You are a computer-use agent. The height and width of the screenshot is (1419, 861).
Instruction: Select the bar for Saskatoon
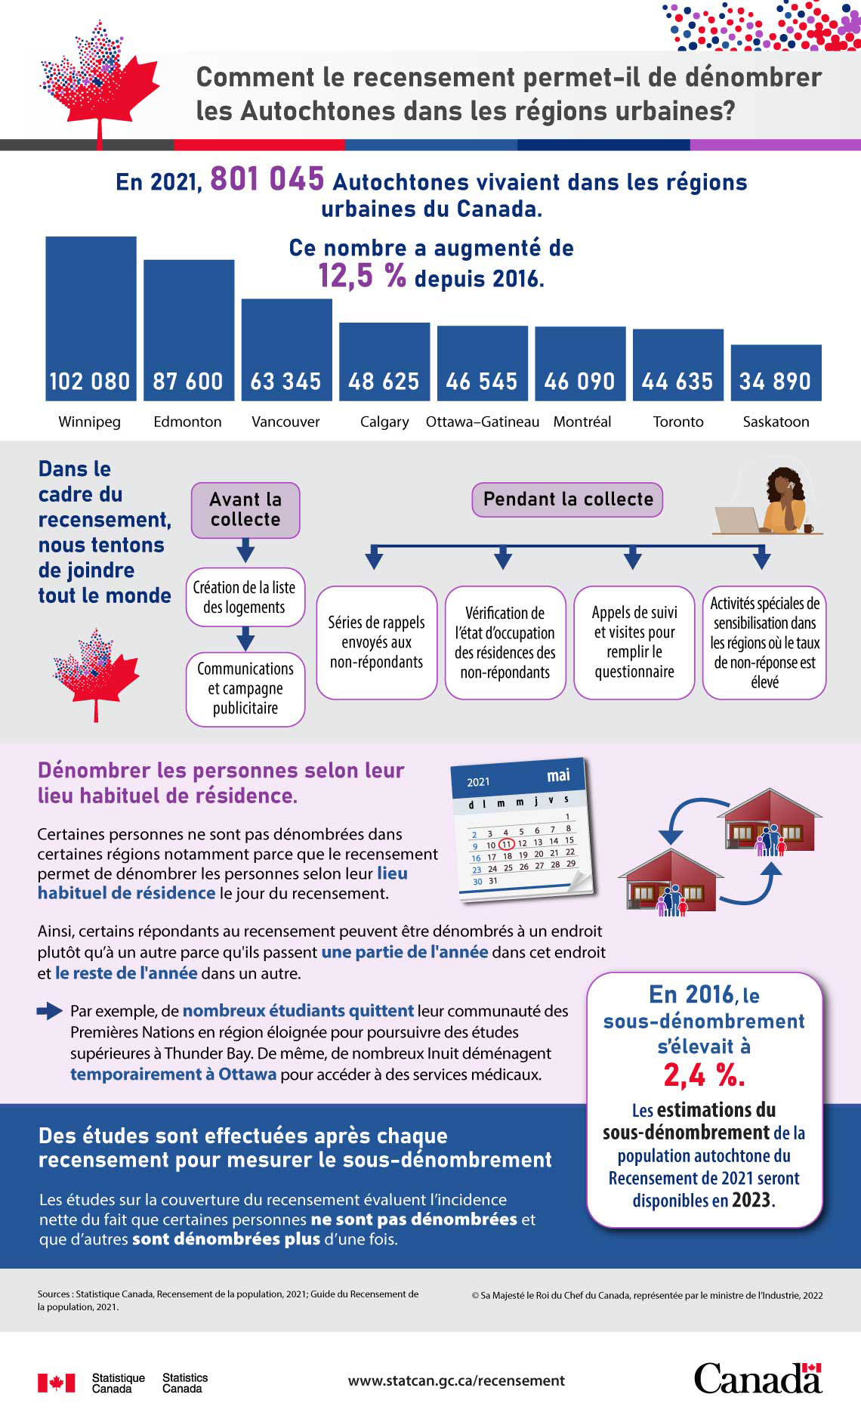pos(776,373)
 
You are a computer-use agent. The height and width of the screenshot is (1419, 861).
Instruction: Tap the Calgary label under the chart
pos(384,422)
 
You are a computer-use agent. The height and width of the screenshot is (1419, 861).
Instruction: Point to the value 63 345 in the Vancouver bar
pos(285,382)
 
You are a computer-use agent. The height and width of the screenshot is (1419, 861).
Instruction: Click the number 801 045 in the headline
pos(267,180)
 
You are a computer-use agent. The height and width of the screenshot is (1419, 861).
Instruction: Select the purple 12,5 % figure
pos(362,277)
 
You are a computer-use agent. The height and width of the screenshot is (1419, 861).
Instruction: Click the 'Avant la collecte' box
pos(245,510)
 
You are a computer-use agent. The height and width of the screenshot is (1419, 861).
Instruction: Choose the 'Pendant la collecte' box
pos(568,499)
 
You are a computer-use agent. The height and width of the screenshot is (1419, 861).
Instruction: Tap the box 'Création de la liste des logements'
pos(245,597)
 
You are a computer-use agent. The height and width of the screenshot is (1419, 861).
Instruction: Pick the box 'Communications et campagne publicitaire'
pos(245,688)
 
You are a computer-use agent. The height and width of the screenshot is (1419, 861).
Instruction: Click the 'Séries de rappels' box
pos(376,642)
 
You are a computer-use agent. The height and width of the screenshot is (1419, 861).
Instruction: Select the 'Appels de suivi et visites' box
pos(634,642)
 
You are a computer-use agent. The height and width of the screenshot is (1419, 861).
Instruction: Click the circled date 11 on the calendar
pos(507,844)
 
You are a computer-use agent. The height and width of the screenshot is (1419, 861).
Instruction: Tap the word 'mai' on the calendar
pos(558,775)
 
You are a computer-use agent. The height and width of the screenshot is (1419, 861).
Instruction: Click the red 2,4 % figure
pos(704,1074)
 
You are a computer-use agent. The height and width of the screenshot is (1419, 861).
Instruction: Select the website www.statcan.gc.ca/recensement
pos(456,1380)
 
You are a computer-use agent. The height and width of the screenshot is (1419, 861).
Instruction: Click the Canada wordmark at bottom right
pos(758,1378)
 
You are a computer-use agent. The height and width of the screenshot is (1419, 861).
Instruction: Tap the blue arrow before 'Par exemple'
pos(50,1010)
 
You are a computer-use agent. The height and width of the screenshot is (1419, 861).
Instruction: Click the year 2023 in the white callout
pos(752,1200)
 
